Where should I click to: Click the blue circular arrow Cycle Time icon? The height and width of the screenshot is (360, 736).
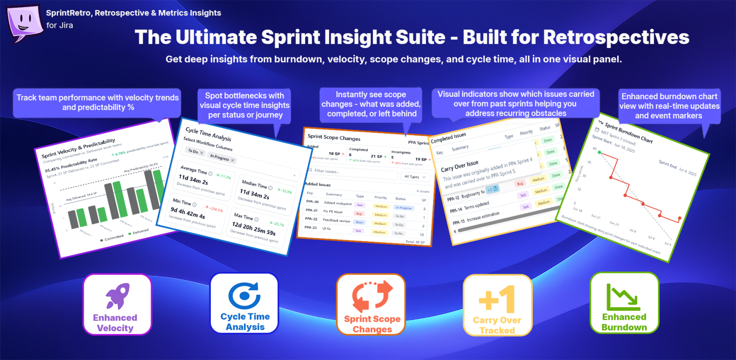[244, 294]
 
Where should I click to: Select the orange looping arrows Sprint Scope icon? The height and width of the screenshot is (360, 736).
[372, 297]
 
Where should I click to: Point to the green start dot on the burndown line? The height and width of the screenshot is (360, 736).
[599, 152]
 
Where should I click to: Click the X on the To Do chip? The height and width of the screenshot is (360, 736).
[202, 152]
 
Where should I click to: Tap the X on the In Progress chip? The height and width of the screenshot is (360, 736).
[233, 160]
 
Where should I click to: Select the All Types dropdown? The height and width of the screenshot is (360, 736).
[415, 177]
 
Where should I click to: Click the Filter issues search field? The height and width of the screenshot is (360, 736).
[352, 172]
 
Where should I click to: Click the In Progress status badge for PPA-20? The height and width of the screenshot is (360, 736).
[403, 207]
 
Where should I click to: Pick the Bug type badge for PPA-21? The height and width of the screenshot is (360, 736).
[357, 213]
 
